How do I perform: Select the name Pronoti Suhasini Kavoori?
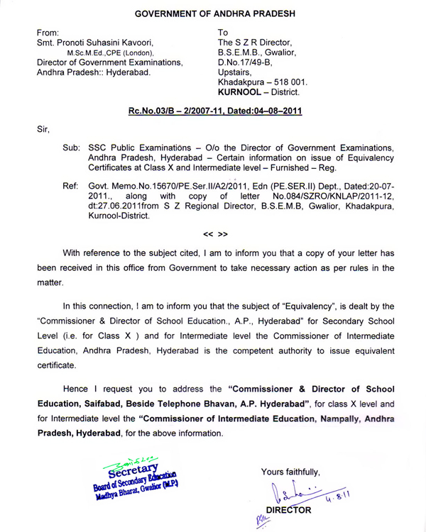(x=118, y=43)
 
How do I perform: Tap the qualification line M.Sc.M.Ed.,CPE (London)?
(x=120, y=53)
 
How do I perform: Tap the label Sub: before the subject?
(x=72, y=146)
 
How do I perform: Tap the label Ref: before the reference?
(x=71, y=185)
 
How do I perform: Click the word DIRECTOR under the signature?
(x=288, y=510)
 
